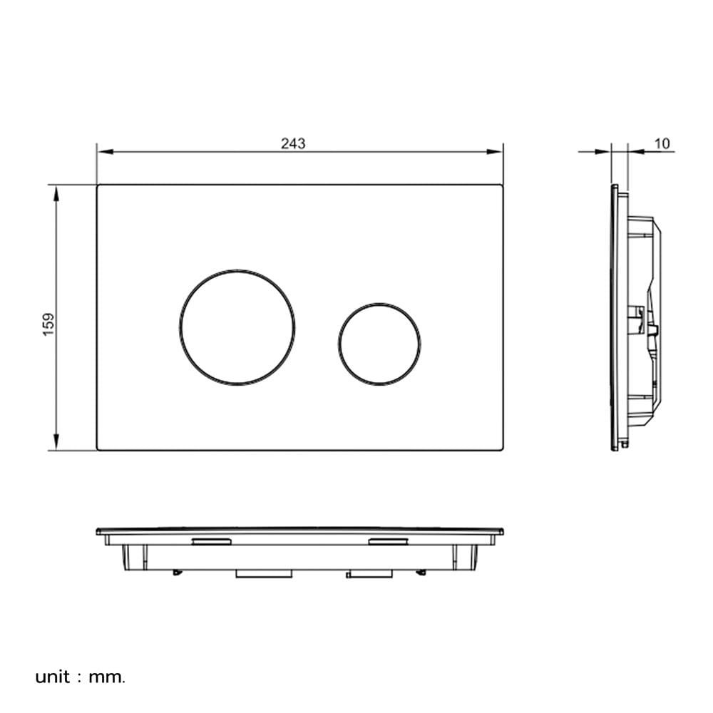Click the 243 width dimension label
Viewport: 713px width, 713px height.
[293, 144]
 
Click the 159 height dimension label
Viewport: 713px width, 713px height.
[48, 324]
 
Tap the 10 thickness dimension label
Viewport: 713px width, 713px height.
[662, 144]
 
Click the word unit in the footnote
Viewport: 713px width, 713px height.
[53, 677]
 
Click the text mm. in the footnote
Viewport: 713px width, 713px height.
[106, 677]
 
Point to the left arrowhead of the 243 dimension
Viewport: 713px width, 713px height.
[105, 151]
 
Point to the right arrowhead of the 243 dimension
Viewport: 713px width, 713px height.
[494, 151]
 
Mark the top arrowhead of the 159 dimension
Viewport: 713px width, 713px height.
[56, 193]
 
